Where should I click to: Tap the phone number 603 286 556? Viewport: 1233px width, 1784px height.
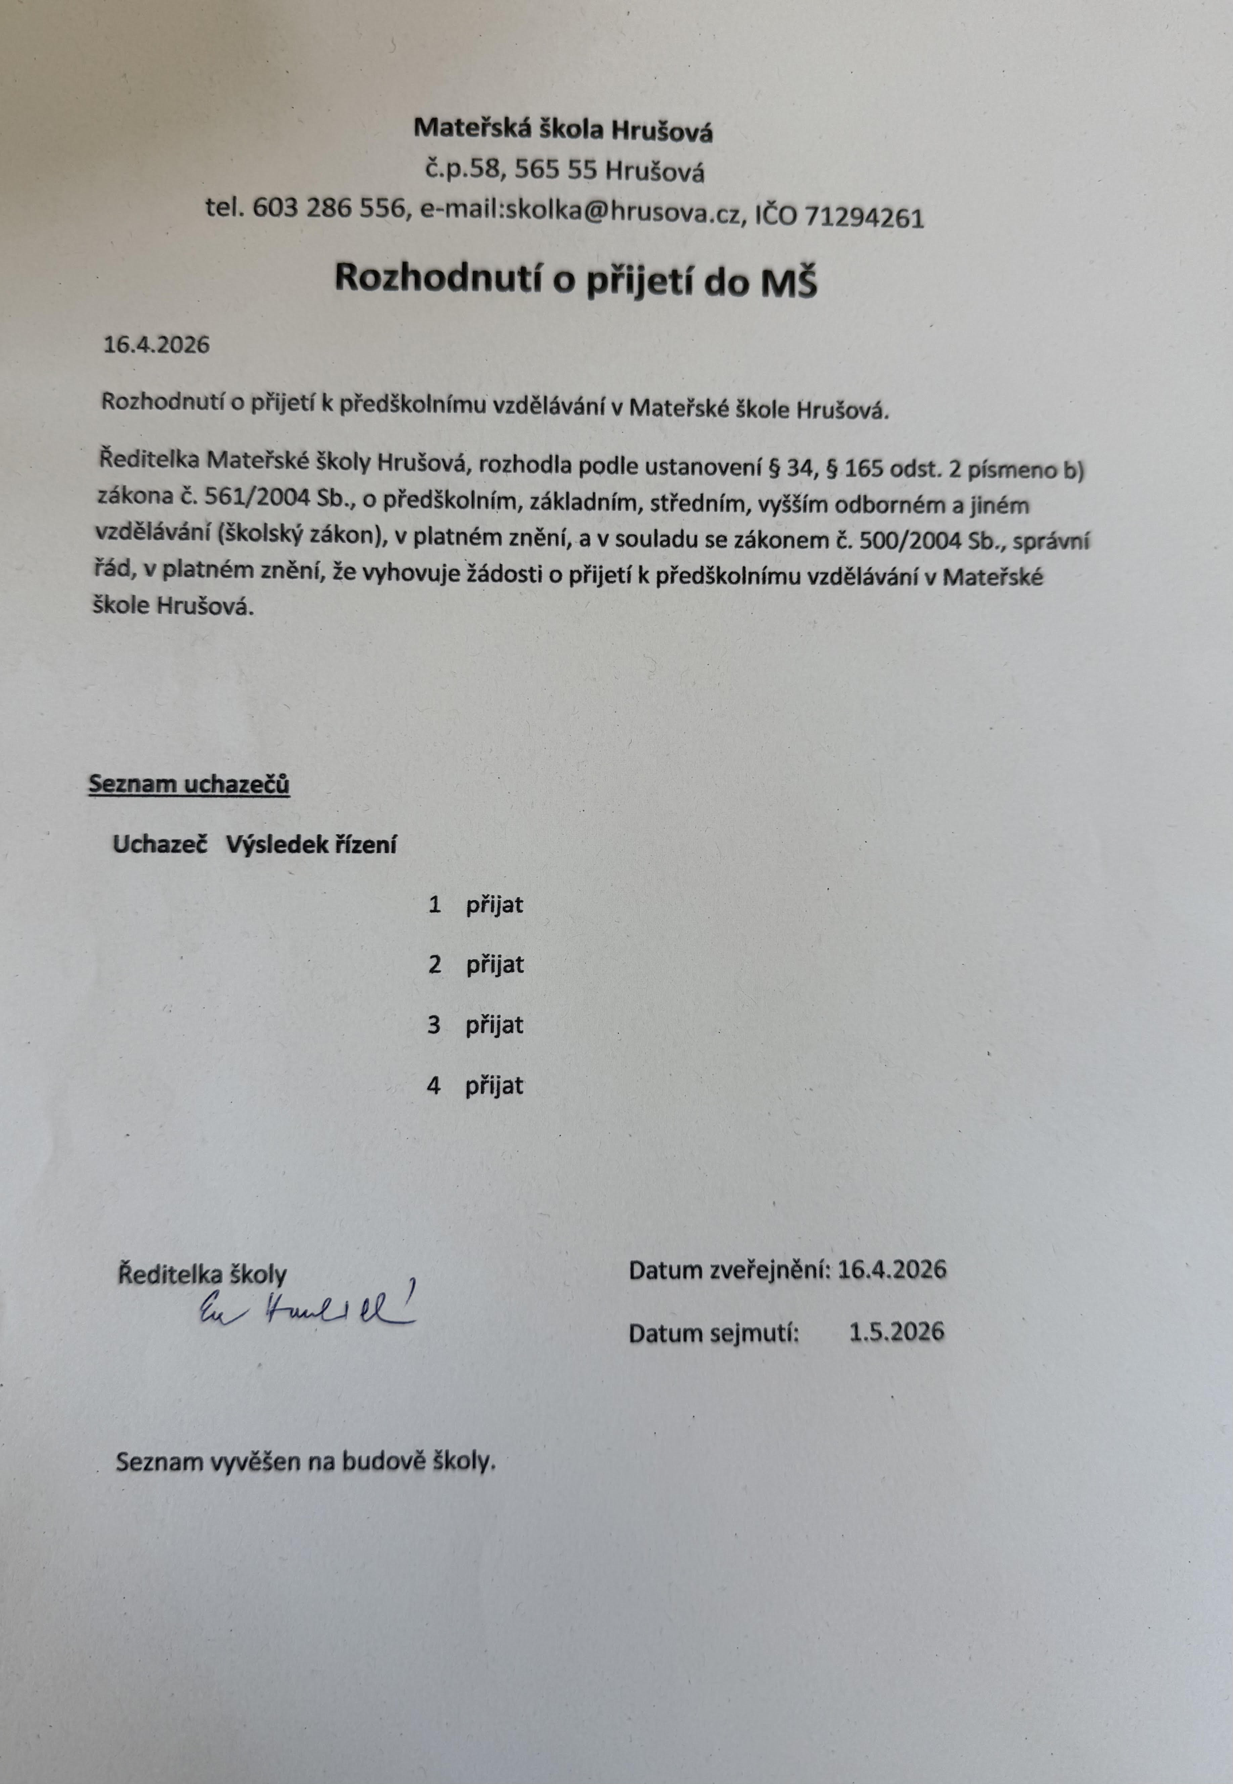click(328, 209)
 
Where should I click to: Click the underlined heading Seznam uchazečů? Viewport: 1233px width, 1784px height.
click(189, 784)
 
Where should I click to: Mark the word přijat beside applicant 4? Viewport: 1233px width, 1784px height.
click(494, 1086)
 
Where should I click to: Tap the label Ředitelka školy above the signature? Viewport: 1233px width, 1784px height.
click(202, 1274)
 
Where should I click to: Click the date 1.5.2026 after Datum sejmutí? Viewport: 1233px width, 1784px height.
click(896, 1331)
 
